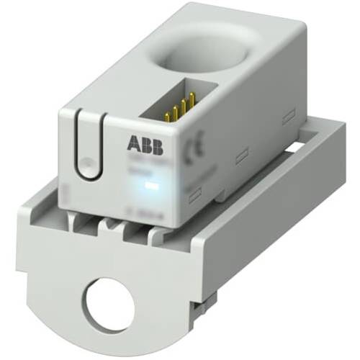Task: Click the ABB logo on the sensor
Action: (144, 143)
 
